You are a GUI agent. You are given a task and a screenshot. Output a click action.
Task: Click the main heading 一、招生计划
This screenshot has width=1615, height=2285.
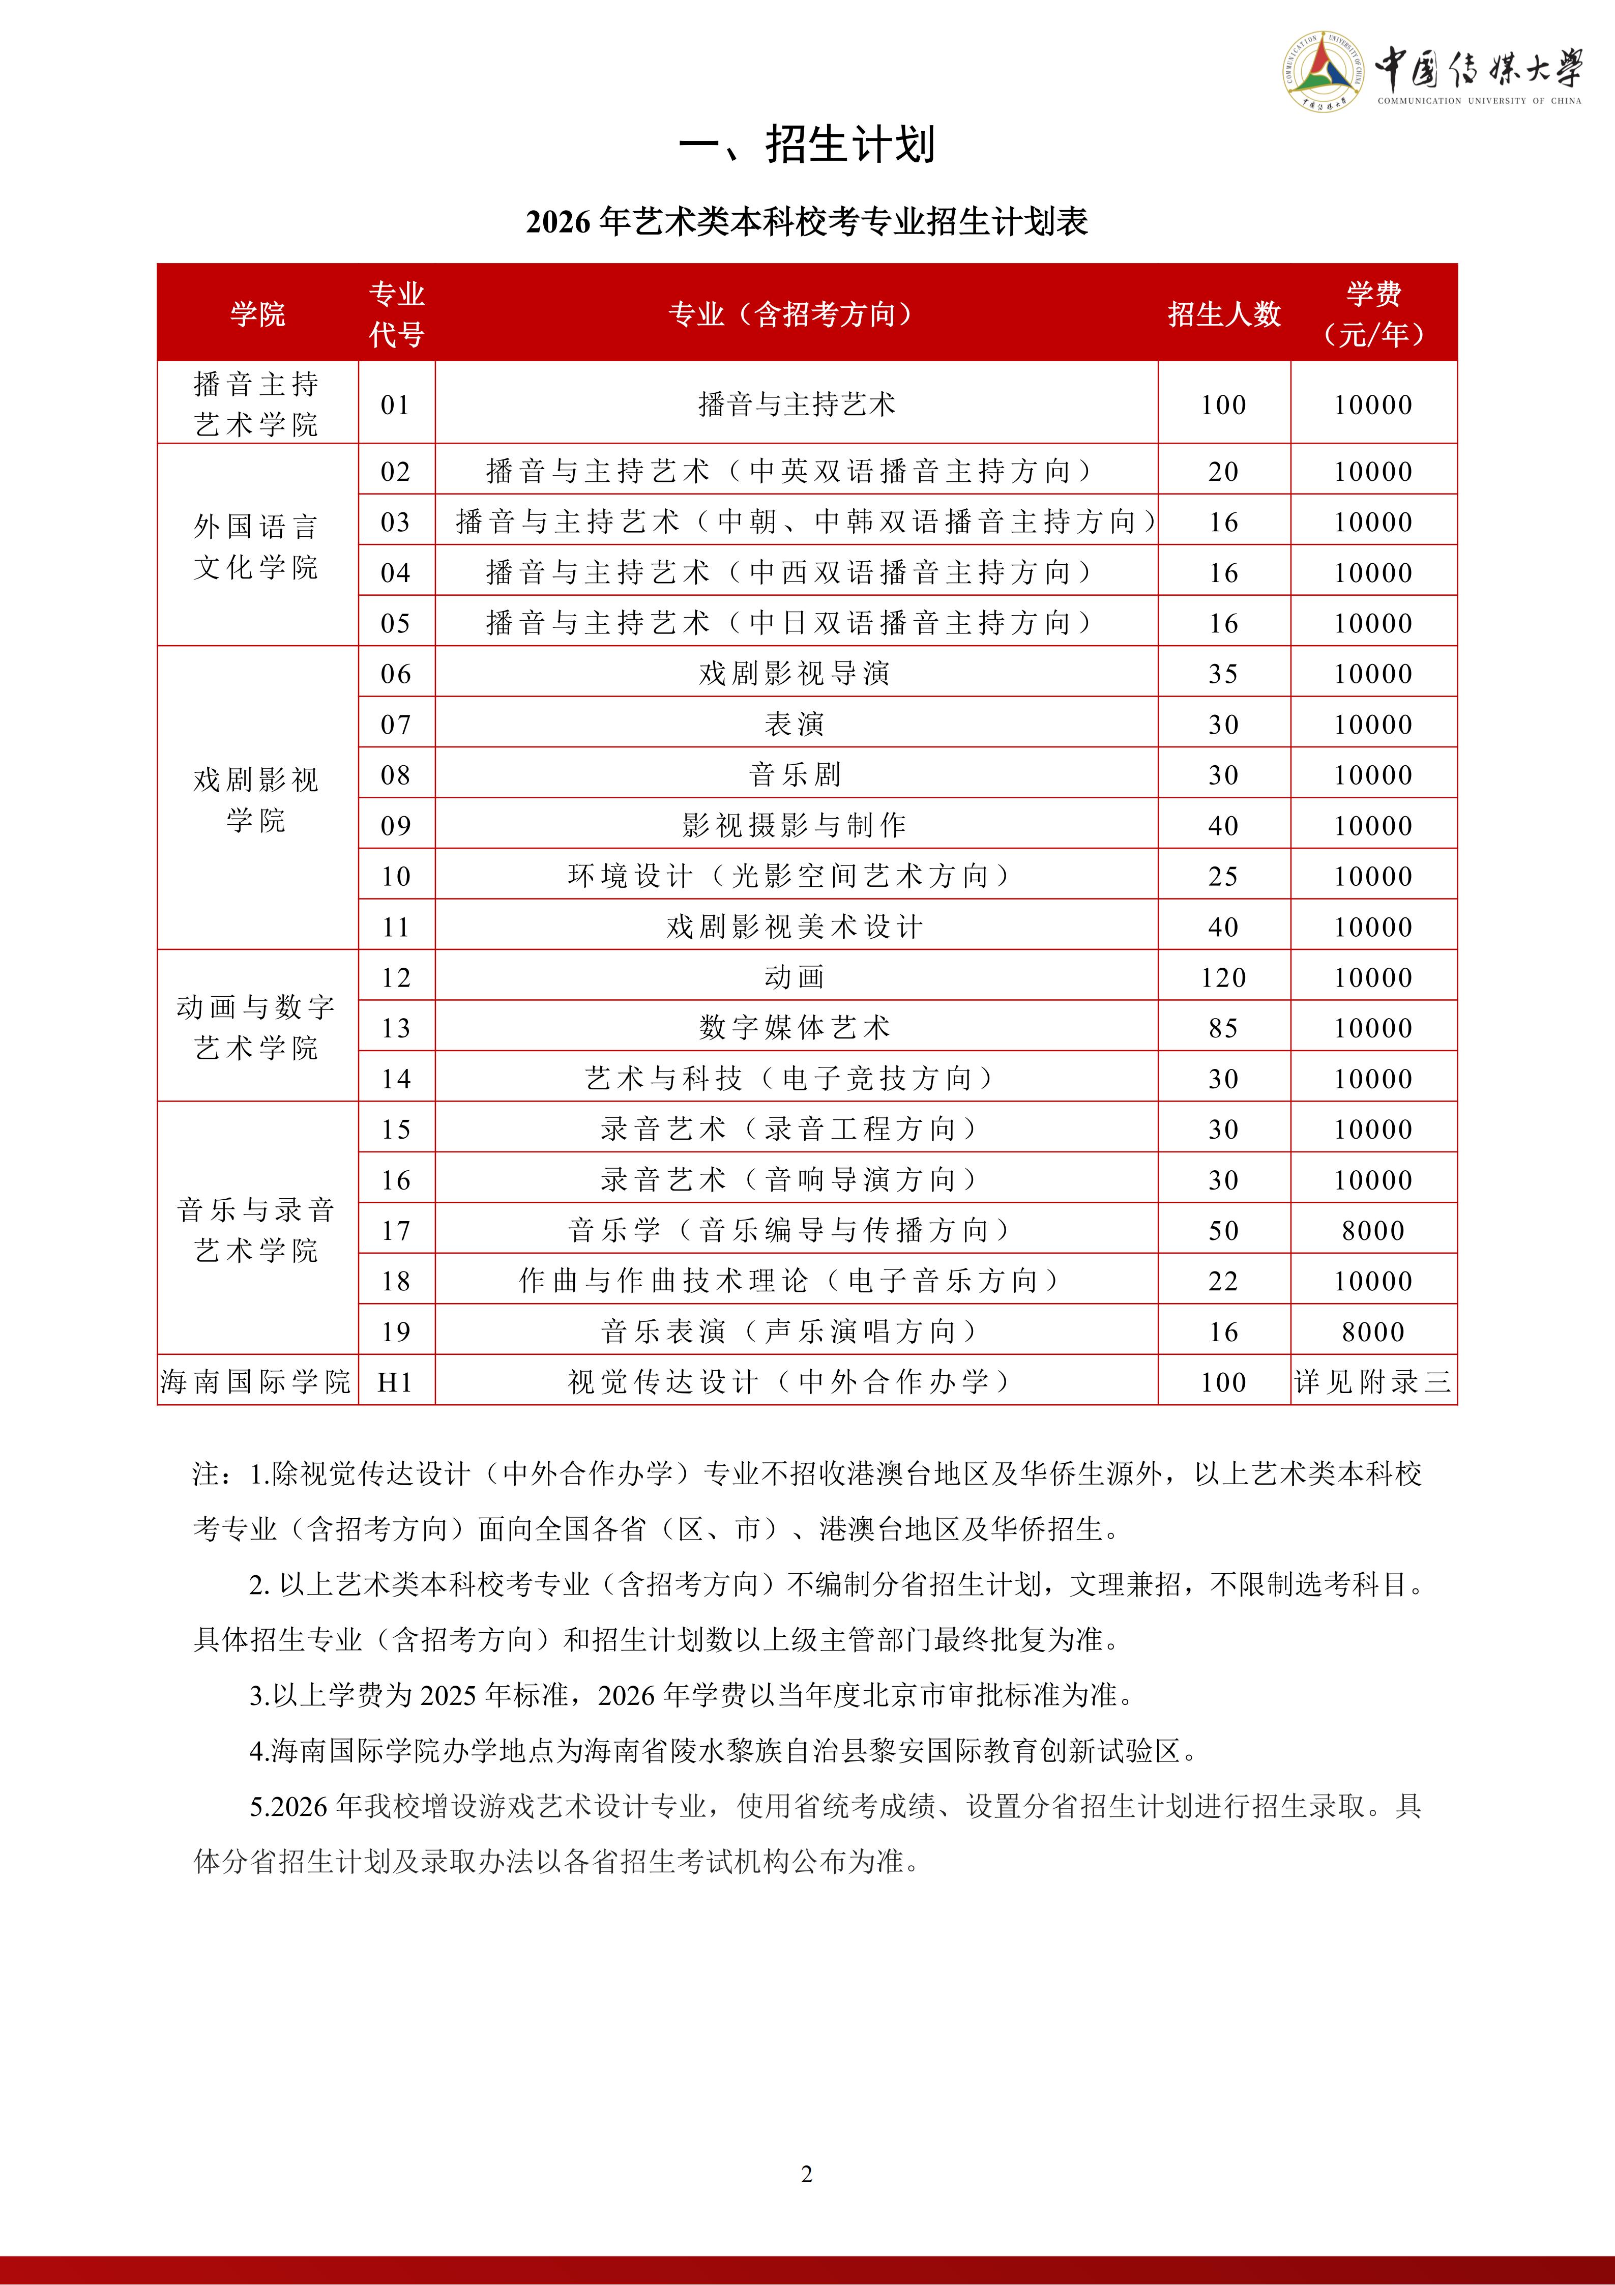[x=807, y=144]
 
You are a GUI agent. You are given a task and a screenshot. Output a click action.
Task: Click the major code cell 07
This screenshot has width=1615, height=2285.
[x=396, y=724]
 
